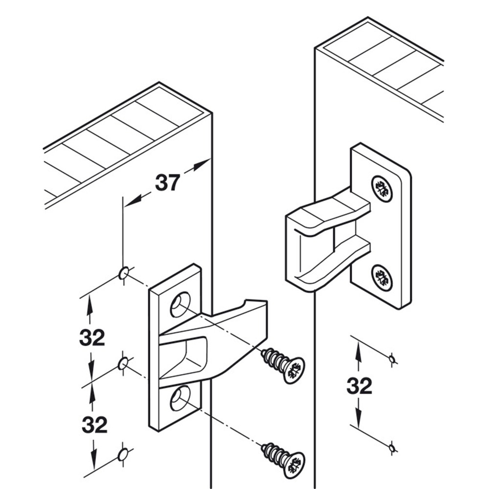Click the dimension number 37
click(x=168, y=182)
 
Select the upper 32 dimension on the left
click(x=92, y=337)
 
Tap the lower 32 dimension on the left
click(x=94, y=425)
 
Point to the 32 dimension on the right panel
click(x=359, y=386)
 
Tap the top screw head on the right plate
click(x=382, y=188)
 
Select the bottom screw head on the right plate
click(x=382, y=277)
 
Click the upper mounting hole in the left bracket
click(x=180, y=304)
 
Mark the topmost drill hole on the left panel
click(x=123, y=272)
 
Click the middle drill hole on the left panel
click(x=123, y=363)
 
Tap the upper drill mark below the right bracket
click(x=391, y=360)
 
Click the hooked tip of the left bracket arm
click(x=257, y=306)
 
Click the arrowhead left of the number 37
click(x=132, y=200)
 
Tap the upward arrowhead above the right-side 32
click(x=358, y=349)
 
